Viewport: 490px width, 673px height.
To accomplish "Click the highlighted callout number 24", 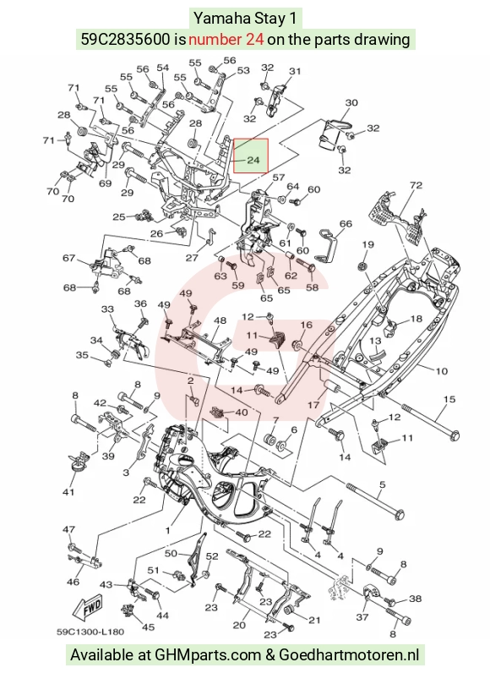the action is pos(253,160).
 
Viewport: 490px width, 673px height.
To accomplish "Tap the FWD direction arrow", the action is pos(89,607).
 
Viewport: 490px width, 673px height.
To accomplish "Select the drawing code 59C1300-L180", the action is pos(90,632).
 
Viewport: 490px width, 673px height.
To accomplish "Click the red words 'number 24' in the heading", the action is pos(226,40).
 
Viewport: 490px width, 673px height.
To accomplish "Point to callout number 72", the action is pos(416,185).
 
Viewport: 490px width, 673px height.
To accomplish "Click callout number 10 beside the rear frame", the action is pos(441,371).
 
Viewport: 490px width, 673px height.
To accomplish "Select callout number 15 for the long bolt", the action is pos(449,399).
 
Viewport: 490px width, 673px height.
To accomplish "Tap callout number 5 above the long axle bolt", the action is pos(383,484).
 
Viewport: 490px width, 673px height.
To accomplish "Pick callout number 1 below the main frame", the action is pos(167,530).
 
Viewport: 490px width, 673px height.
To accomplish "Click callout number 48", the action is pos(220,320).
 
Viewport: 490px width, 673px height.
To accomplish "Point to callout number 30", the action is pos(351,102).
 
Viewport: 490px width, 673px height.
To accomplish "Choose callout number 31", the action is pos(295,71).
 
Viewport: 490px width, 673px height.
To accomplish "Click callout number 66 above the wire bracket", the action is pos(346,223).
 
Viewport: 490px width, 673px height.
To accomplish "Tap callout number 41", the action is pos(68,492).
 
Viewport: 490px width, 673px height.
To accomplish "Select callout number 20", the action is pos(239,625).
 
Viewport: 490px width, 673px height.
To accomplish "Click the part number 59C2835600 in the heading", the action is pos(126,40).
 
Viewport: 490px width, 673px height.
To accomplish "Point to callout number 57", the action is pos(279,178).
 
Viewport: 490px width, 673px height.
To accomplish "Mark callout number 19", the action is pos(367,245).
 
